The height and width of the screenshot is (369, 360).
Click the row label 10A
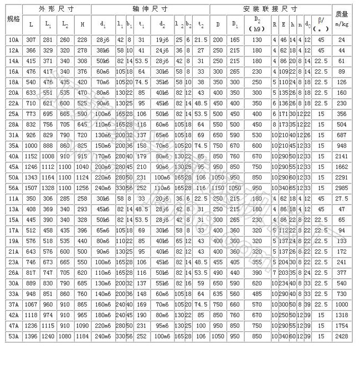13,40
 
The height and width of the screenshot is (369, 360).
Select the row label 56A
13,188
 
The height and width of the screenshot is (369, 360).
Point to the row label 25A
13,114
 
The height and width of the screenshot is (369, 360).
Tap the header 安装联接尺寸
270,9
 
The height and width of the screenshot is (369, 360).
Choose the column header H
83,24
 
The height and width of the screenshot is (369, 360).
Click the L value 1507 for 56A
31,188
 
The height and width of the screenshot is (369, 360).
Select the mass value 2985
342,188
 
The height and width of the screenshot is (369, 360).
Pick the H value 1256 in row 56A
83,188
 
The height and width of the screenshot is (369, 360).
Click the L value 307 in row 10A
31,40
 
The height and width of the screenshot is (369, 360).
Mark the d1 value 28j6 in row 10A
102,40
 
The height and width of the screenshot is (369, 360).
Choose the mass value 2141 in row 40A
342,157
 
